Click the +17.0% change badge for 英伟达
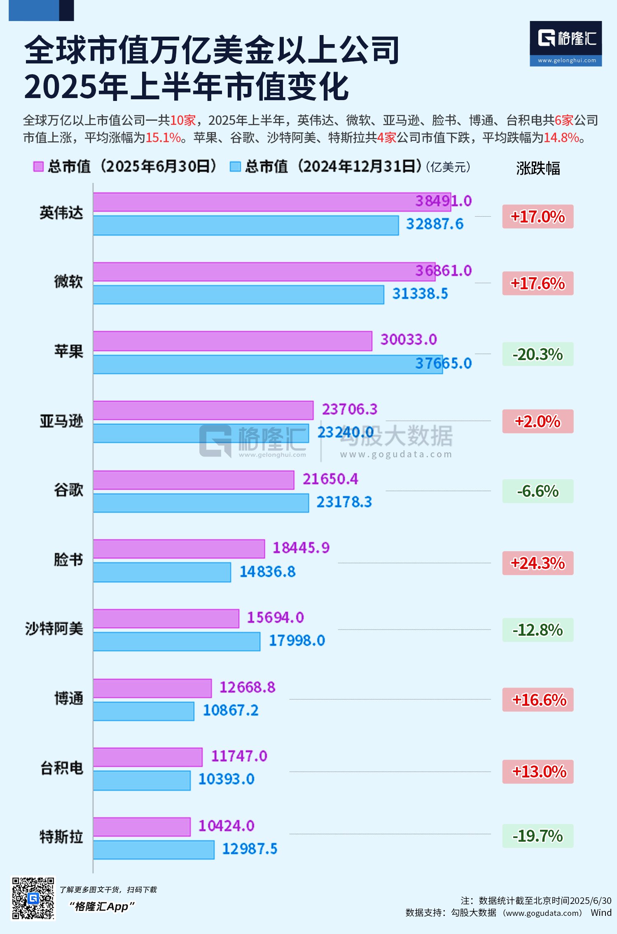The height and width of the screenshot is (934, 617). tap(538, 217)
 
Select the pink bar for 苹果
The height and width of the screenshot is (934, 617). tap(232, 341)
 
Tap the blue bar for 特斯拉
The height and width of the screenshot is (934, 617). tap(154, 850)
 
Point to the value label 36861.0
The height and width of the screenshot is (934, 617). tap(443, 271)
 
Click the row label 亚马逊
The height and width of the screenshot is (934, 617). tap(61, 421)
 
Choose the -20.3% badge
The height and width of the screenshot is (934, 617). tap(538, 354)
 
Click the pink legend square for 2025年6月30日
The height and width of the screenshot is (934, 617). tap(38, 166)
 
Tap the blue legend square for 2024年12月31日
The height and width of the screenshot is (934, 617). tap(235, 166)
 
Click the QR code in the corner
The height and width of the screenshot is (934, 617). tap(33, 898)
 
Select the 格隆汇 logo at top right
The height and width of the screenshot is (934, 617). tap(566, 43)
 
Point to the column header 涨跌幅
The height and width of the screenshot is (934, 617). tap(538, 168)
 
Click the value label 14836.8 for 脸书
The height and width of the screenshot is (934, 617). tap(267, 572)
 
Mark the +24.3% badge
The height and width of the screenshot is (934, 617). tap(538, 563)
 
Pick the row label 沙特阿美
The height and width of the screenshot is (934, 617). tap(54, 629)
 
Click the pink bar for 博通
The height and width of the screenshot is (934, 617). tap(152, 688)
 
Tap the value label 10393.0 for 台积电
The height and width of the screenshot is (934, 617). tap(226, 779)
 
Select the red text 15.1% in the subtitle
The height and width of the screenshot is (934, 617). tap(163, 138)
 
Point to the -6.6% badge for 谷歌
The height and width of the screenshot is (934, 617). tap(538, 491)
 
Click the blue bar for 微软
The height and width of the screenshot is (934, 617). tap(238, 295)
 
